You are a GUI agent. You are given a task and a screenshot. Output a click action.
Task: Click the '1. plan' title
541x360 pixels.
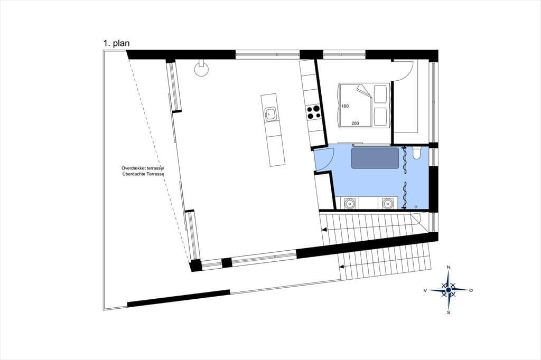tap(116, 43)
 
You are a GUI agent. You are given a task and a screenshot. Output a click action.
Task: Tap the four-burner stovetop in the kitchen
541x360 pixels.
tap(314, 112)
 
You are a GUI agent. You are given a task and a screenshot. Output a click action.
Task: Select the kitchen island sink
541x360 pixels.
tap(270, 114)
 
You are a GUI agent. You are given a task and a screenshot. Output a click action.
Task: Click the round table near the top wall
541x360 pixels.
tap(201, 69)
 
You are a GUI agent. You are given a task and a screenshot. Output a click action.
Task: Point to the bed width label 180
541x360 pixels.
tap(344, 106)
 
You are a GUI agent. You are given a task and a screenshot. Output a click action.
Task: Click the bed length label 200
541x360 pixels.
tap(355, 123)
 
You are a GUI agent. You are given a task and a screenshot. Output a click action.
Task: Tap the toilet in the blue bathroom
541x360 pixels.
tap(416, 153)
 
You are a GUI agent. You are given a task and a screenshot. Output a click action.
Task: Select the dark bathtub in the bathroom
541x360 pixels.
tap(375, 158)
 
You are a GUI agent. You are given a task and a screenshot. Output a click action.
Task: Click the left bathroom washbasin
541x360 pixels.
tap(350, 203)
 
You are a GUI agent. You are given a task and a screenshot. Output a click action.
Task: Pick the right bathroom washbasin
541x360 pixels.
tap(388, 203)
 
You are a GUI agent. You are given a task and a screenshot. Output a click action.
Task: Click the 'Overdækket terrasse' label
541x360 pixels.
tap(143, 168)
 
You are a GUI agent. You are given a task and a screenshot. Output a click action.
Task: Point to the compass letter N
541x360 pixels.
tap(449, 267)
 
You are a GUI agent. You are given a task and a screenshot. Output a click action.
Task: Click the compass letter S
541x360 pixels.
tap(449, 313)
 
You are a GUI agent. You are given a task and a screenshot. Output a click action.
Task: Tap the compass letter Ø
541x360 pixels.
tap(471, 290)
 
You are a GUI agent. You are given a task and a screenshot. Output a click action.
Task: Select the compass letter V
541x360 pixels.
tap(425, 290)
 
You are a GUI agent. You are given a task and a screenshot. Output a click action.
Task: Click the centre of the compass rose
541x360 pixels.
tap(448, 290)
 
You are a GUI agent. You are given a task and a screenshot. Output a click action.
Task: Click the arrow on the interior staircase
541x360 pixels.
tap(324, 229)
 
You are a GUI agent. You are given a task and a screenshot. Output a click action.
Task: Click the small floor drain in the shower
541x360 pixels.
tap(416, 206)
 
